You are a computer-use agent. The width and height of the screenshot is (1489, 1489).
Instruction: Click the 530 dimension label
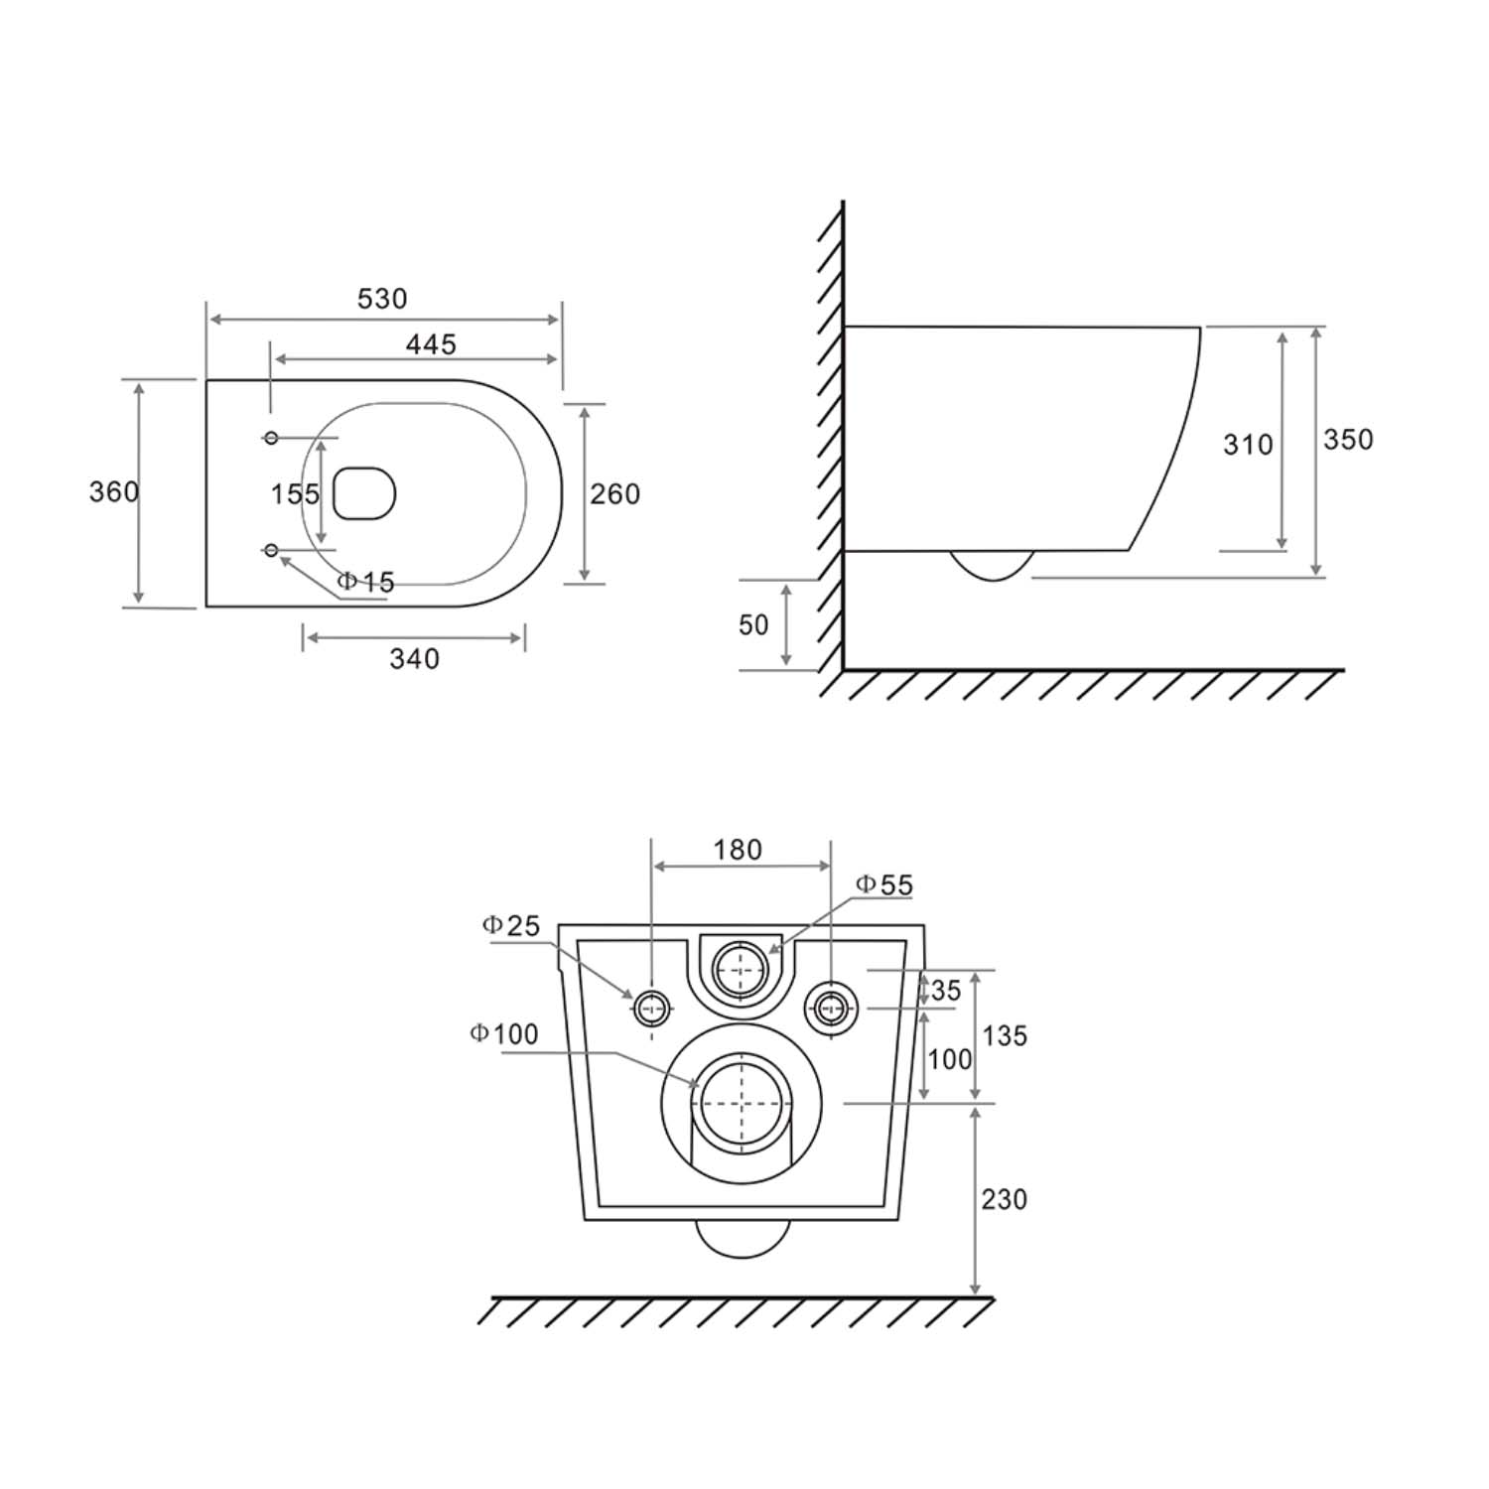click(x=382, y=299)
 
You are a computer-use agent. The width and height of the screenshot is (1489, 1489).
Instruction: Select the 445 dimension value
click(x=431, y=344)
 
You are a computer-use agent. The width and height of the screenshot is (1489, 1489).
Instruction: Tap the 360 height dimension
click(x=114, y=492)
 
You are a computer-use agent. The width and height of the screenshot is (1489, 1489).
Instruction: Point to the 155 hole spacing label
click(x=295, y=494)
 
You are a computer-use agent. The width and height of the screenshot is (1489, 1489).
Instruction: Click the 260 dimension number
click(x=615, y=494)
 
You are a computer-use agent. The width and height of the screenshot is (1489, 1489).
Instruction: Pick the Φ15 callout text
click(x=365, y=583)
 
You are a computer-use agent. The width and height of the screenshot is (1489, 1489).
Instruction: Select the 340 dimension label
click(x=414, y=659)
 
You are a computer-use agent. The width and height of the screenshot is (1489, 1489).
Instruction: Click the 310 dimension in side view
click(x=1248, y=445)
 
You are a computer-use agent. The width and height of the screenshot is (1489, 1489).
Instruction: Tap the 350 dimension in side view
click(x=1348, y=440)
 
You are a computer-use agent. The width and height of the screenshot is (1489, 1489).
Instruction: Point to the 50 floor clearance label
click(x=753, y=625)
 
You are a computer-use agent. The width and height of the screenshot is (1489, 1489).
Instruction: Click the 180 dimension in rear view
click(x=738, y=851)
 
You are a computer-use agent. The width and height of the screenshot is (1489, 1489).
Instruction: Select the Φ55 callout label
click(x=883, y=885)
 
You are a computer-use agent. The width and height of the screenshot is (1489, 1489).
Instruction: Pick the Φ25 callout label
click(x=511, y=926)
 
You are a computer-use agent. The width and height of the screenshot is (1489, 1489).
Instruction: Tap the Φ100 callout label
click(x=504, y=1034)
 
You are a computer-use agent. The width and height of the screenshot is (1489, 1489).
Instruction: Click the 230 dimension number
click(x=1004, y=1200)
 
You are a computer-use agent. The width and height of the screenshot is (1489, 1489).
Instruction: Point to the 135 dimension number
click(x=1005, y=1036)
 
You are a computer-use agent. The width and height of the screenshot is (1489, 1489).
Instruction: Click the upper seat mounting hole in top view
click(x=271, y=438)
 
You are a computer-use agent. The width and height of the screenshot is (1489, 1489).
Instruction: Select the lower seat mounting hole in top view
click(x=271, y=550)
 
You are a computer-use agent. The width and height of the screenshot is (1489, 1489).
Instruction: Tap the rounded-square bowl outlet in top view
click(x=364, y=493)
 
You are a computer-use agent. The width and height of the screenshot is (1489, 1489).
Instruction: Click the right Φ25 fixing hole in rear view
click(x=830, y=1009)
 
